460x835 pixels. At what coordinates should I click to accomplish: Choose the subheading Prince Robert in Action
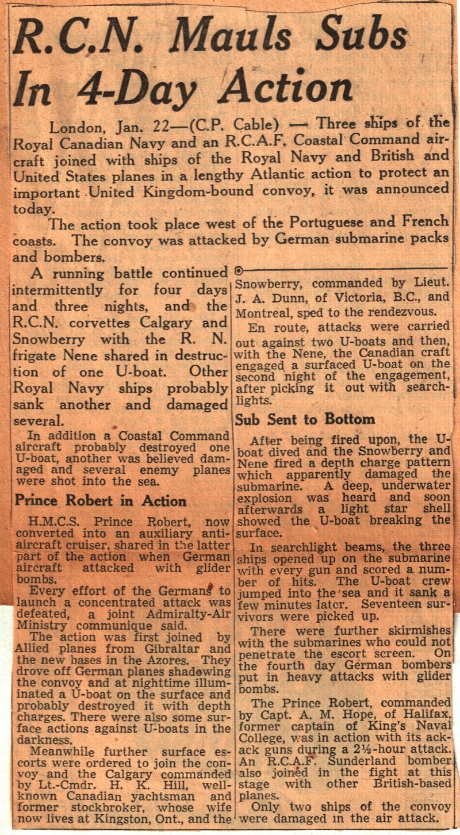(100, 500)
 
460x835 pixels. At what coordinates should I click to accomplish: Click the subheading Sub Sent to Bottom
(305, 419)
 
